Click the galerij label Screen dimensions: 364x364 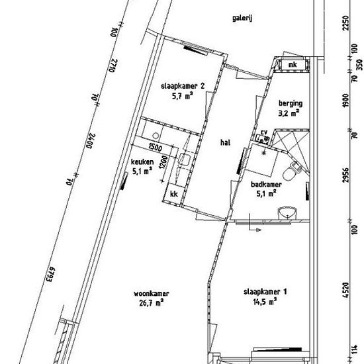coord(242,18)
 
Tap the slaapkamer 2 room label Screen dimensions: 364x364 coord(183,86)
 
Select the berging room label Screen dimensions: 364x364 coord(291,103)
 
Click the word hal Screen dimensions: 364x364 coord(226,142)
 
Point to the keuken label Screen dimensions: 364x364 coord(142,161)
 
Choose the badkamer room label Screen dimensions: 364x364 coord(266,185)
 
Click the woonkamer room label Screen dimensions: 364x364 coord(152,294)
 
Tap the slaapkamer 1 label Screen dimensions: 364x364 coord(265,292)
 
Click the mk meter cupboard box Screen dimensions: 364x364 coord(293,64)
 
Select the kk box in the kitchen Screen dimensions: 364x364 coord(173,194)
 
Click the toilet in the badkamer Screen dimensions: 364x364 coord(292,171)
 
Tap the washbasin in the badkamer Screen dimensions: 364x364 coord(287,212)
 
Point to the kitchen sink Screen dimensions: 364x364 coord(185,159)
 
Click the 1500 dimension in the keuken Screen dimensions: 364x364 coord(156,147)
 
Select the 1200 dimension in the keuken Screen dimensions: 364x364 coord(164,162)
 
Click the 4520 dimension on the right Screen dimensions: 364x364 coord(346,290)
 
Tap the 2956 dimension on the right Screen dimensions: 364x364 coord(346,175)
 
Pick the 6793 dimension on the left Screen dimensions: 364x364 coord(50,274)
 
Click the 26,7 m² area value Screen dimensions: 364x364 coord(151,303)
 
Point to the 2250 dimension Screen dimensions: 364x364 coord(346,23)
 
